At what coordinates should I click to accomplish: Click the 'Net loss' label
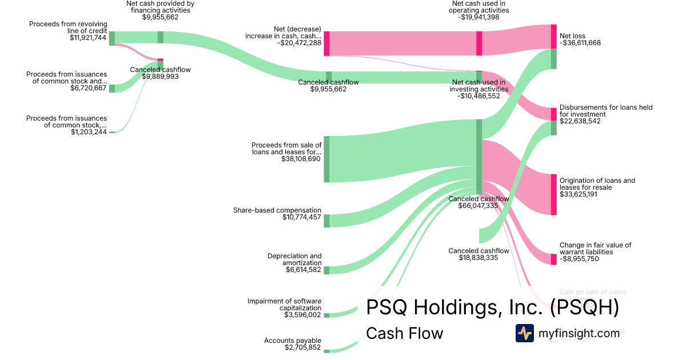572,36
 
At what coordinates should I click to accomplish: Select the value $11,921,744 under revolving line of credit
89,37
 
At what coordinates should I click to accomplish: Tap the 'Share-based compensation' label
277,210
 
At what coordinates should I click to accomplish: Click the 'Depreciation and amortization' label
294,259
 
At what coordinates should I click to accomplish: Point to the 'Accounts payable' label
293,341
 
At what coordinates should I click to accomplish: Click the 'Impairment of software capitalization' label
285,305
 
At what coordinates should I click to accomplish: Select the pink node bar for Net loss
553,37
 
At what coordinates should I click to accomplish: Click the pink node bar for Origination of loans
553,194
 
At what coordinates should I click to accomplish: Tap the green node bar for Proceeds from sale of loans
326,159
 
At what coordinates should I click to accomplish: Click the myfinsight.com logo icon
524,333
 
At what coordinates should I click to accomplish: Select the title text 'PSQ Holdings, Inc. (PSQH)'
492,308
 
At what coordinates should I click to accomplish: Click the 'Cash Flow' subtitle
404,333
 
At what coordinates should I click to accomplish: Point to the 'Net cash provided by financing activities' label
160,7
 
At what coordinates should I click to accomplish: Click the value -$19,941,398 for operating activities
478,17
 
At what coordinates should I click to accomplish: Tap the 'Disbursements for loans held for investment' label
606,111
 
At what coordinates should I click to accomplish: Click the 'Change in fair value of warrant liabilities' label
596,248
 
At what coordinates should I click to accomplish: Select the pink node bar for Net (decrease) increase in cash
326,43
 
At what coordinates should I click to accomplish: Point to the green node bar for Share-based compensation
326,221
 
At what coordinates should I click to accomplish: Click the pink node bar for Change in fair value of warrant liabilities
553,259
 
